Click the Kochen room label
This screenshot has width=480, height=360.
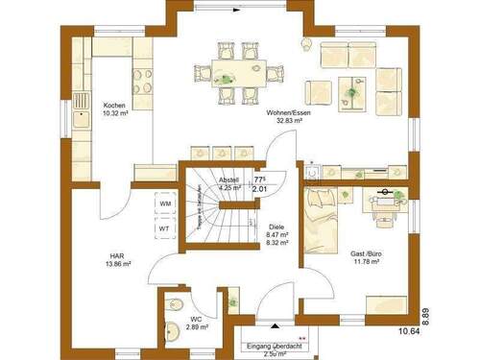click(x=114, y=105)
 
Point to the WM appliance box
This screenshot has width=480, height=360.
click(x=165, y=204)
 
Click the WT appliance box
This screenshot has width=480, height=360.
click(x=165, y=229)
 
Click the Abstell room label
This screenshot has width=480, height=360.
click(x=229, y=180)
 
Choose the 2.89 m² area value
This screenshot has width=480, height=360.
click(x=197, y=328)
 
